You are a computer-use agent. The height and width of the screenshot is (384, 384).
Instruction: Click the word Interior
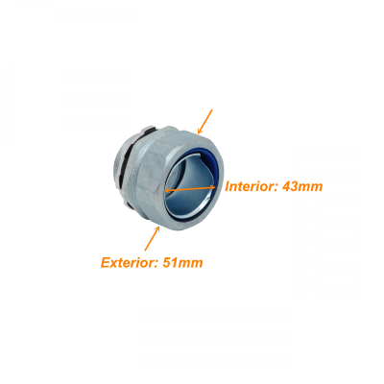251,186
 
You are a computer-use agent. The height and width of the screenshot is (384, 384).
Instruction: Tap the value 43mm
302,186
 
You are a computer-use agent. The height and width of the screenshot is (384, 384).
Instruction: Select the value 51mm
182,263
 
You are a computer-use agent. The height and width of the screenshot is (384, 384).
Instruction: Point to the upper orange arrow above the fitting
204,122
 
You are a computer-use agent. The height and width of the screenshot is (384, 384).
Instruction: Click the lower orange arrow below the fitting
152,238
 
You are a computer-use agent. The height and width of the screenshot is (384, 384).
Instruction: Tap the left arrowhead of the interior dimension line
167,191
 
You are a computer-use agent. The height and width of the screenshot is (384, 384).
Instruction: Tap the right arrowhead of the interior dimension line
212,187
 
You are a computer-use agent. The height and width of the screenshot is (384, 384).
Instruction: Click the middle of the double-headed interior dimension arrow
190,189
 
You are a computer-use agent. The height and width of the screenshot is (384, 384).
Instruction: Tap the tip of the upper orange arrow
198,133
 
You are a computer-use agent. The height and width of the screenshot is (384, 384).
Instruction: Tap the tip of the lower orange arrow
159,227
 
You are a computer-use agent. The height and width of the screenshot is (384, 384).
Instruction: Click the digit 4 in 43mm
286,186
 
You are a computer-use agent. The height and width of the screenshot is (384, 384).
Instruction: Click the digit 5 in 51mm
167,263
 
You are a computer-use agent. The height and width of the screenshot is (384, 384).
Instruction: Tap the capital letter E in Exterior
106,263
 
